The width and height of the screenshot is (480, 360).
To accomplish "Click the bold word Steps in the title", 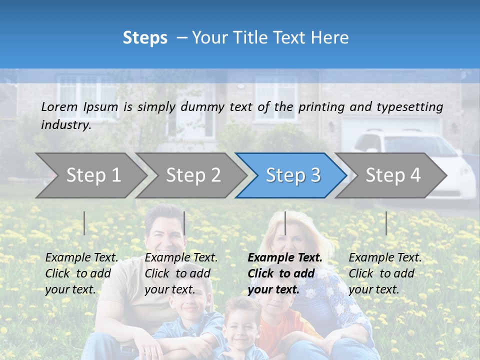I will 145,38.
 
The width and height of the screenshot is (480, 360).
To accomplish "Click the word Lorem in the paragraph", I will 59,106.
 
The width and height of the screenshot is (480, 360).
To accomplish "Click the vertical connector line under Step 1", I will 84,223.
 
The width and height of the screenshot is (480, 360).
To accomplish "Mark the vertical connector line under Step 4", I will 386,223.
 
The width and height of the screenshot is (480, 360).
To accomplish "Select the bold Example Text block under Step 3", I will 285,273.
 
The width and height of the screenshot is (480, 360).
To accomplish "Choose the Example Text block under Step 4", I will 385,273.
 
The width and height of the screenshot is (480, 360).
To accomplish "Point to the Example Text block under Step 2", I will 181,273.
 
